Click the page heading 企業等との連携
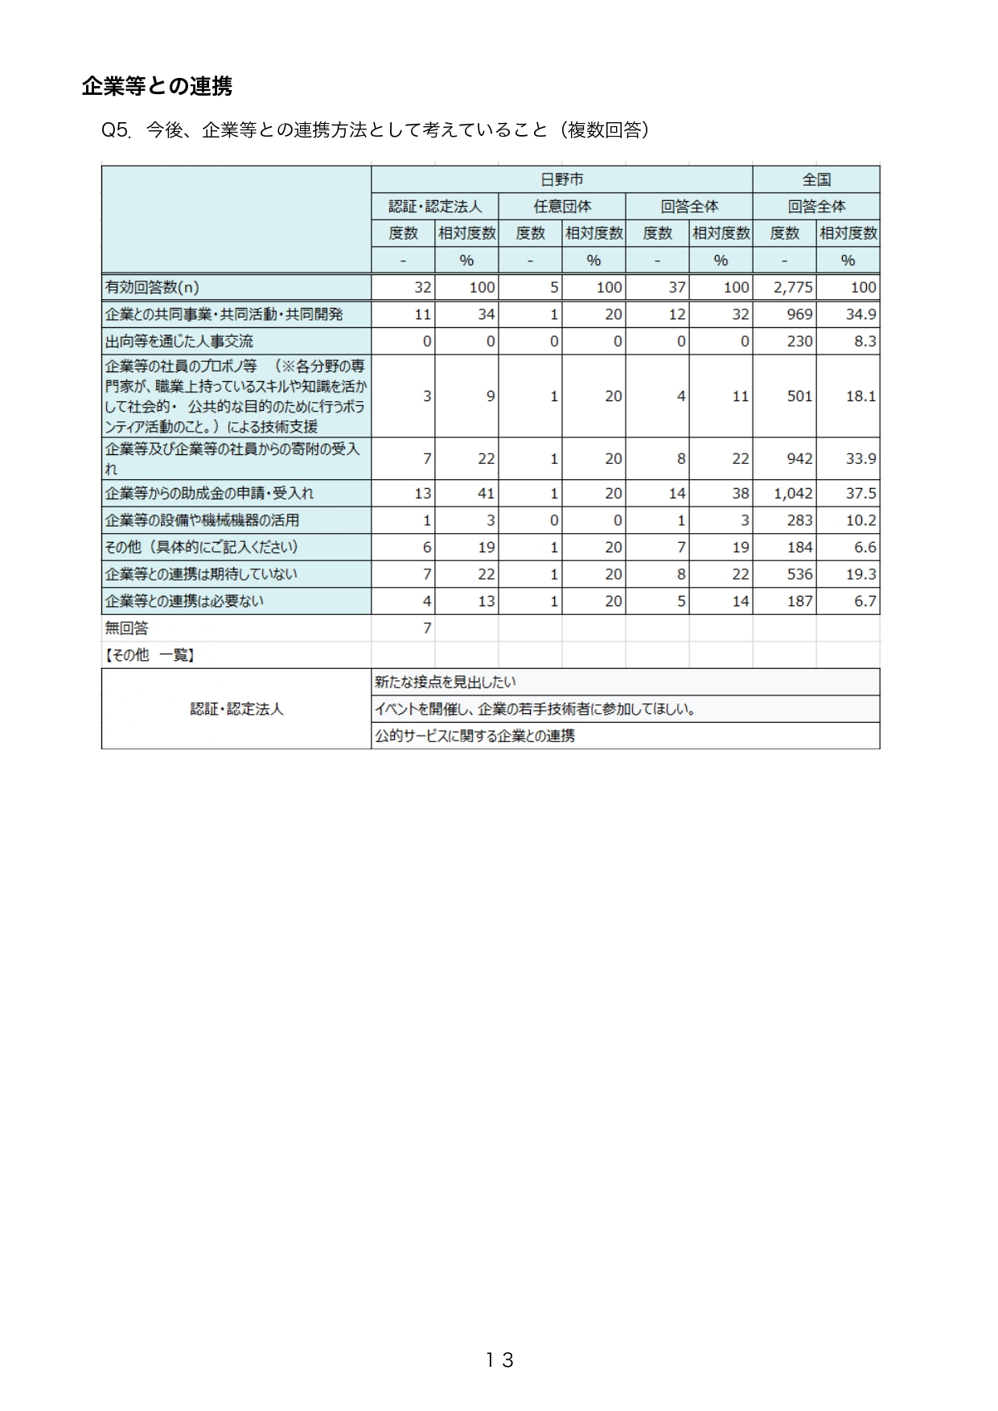pos(157,86)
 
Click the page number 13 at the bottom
pos(499,1360)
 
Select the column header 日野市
pos(561,179)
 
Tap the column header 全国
pos(815,179)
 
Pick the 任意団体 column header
pos(561,207)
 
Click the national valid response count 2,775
pos(793,287)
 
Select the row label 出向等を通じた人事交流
pos(179,341)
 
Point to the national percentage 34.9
pos(860,314)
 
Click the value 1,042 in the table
pos(793,494)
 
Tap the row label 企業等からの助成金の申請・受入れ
pos(209,494)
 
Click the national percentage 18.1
pos(860,396)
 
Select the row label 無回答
pos(127,628)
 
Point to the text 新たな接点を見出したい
pos(445,683)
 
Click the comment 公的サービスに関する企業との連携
pos(474,736)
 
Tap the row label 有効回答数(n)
pos(152,287)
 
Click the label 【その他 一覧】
pos(150,655)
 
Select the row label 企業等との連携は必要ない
pos(184,601)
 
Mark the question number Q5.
pos(116,130)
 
